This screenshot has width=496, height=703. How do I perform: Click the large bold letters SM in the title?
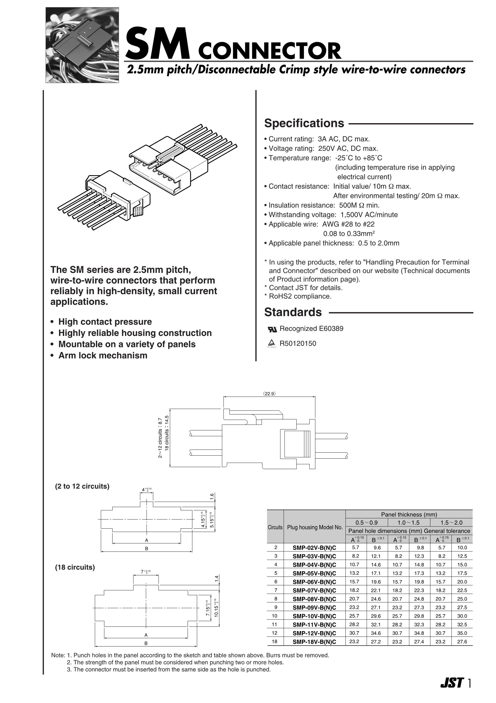(x=158, y=43)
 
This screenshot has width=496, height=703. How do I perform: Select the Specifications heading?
(x=304, y=123)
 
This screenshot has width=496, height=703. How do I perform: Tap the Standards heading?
(x=293, y=312)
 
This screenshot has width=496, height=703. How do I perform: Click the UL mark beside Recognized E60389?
(x=272, y=329)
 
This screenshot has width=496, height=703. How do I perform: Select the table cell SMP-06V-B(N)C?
(x=314, y=582)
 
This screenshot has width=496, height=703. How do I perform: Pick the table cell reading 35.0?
(x=462, y=633)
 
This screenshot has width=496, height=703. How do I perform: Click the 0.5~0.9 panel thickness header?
(x=366, y=523)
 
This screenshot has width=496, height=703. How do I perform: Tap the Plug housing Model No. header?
(x=315, y=527)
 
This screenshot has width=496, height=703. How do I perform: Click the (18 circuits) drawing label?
(x=75, y=567)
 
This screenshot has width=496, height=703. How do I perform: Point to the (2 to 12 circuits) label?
(x=82, y=486)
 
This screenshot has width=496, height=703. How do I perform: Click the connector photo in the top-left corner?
(x=82, y=45)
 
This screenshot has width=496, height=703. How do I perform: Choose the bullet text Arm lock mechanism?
(x=103, y=356)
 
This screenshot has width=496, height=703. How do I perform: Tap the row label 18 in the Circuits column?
(x=275, y=642)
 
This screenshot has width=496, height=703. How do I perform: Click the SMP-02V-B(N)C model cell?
(x=314, y=548)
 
